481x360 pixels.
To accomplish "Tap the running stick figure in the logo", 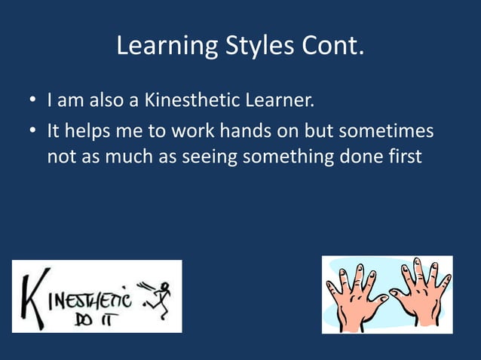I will pos(161,296).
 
